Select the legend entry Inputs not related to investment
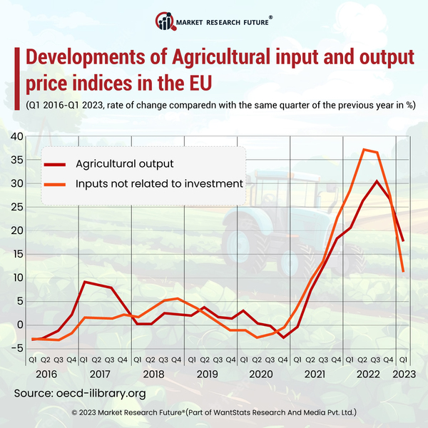(158, 184)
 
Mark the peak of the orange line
(364, 149)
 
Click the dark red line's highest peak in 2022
(377, 181)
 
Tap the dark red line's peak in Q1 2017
(85, 282)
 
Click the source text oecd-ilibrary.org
(100, 393)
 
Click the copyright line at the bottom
(214, 413)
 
